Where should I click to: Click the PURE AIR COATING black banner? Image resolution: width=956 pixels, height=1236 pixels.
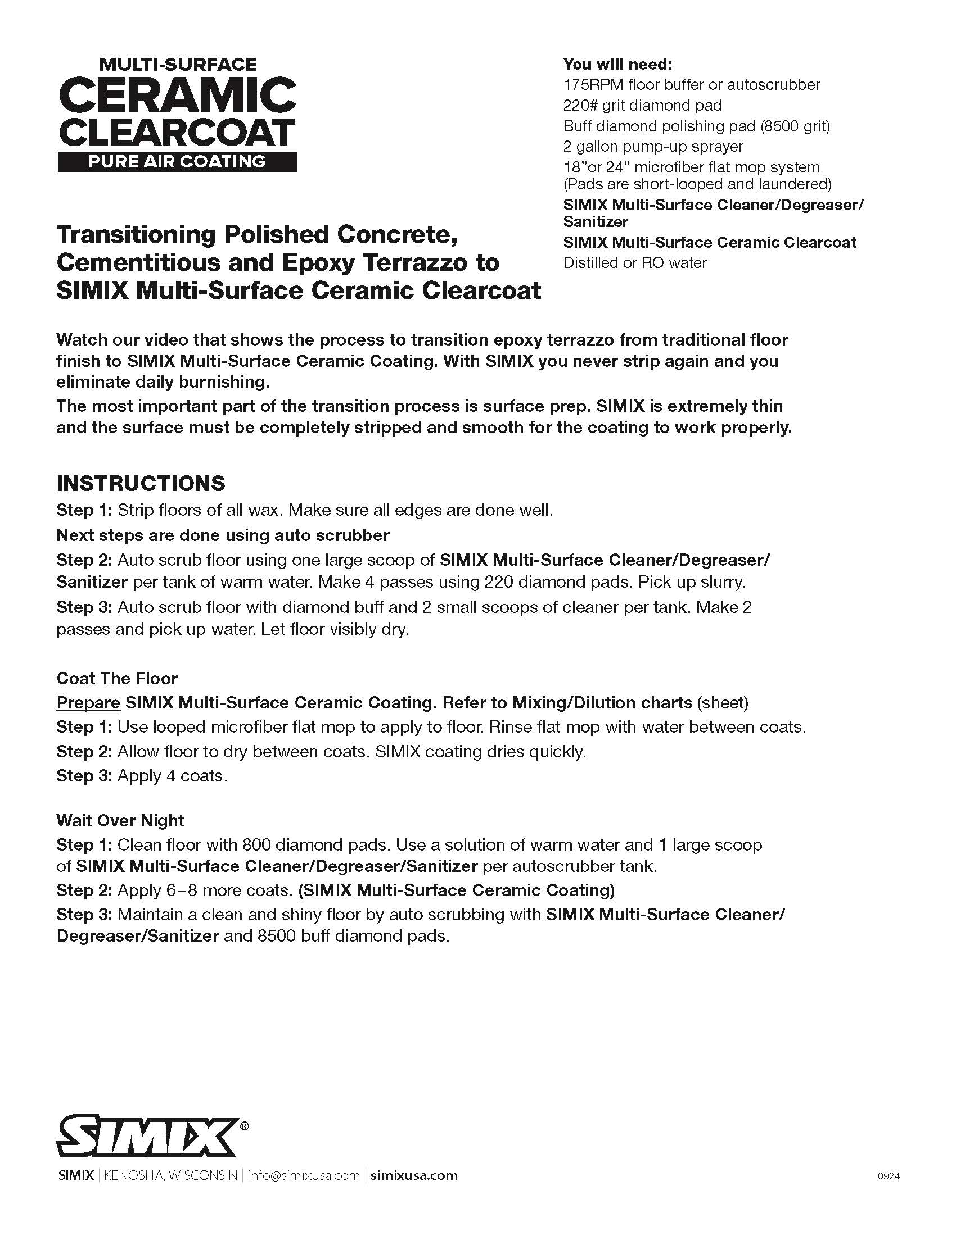click(x=177, y=161)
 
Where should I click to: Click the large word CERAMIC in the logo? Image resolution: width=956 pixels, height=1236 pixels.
click(x=177, y=94)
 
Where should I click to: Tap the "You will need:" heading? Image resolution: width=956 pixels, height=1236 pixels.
click(x=617, y=65)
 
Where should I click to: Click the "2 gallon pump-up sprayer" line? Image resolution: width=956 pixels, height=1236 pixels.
click(x=653, y=147)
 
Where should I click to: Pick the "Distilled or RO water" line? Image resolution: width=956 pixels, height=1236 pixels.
click(x=635, y=263)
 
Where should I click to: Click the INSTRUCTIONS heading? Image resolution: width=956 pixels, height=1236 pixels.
click(x=141, y=483)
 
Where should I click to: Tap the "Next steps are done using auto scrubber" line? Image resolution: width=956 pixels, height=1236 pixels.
click(x=223, y=535)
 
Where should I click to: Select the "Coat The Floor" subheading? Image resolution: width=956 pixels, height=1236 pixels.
click(x=116, y=679)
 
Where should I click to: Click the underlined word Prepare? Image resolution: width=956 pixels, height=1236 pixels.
click(x=88, y=703)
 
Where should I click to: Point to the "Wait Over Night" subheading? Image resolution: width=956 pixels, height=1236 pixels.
click(x=120, y=821)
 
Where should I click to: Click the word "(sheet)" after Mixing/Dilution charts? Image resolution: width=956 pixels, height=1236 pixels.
click(x=723, y=703)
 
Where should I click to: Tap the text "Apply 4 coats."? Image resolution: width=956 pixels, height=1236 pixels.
click(x=172, y=776)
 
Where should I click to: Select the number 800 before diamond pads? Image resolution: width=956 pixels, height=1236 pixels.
click(x=256, y=845)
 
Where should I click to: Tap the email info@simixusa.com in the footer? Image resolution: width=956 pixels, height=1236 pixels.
click(x=303, y=1175)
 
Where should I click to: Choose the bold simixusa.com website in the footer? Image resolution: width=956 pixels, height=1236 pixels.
click(x=413, y=1175)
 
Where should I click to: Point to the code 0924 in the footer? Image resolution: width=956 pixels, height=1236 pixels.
click(x=888, y=1176)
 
